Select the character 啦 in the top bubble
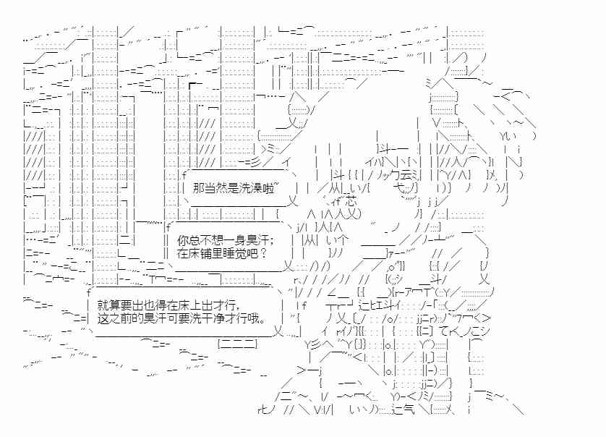click(x=267, y=188)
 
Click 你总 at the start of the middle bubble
click(x=187, y=239)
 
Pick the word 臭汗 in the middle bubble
click(x=250, y=239)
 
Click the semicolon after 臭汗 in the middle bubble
click(x=263, y=239)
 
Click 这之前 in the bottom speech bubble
click(x=113, y=319)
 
